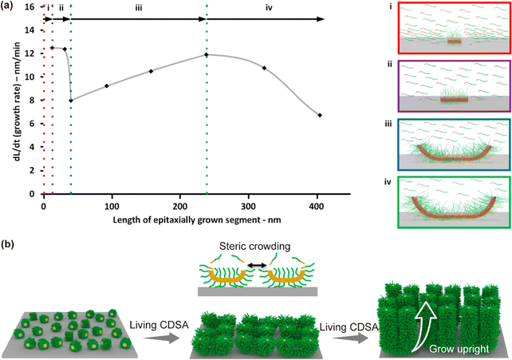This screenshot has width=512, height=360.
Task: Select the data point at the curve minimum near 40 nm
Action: click(71, 101)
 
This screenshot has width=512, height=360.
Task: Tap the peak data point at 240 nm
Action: click(207, 54)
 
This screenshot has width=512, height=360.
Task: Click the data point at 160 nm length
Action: click(151, 72)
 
